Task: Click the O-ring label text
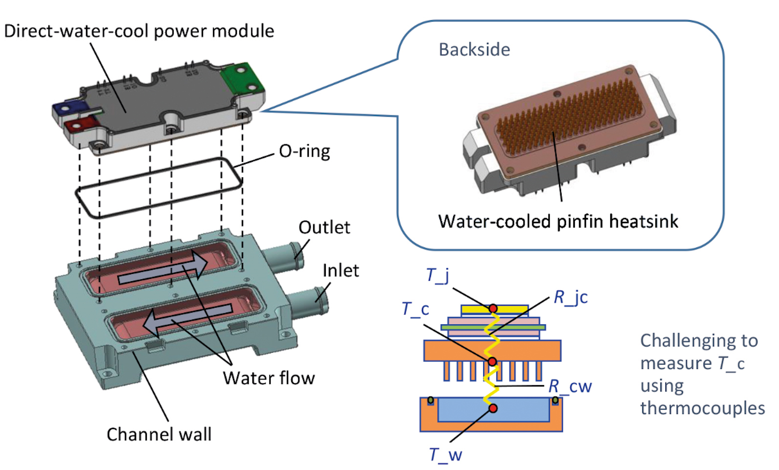[304, 151]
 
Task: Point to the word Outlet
[324, 227]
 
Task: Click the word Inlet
[340, 270]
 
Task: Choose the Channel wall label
[159, 434]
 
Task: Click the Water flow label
[269, 378]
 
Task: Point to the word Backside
[474, 50]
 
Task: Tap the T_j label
[437, 276]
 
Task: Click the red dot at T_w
[493, 408]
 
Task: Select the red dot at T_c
[492, 361]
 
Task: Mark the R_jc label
[570, 298]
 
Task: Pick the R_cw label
[570, 386]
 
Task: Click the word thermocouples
[702, 408]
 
